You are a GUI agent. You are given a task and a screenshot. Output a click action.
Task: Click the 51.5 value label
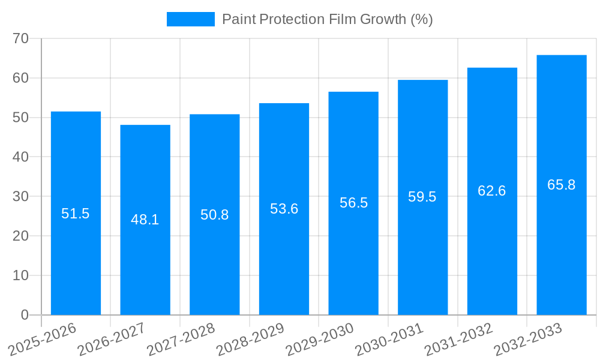click(x=76, y=214)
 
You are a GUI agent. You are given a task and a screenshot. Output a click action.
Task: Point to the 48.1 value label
click(x=145, y=220)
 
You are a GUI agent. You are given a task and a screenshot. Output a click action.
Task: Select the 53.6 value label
click(x=284, y=209)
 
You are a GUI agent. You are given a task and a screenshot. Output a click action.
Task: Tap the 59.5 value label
click(x=422, y=197)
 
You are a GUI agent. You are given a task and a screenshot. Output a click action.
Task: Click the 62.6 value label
click(x=492, y=191)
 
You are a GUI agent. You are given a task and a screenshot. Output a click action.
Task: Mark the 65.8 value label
click(x=562, y=185)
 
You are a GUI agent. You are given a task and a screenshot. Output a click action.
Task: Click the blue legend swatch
click(x=190, y=19)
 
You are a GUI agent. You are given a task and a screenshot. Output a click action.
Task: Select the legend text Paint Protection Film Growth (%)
click(x=328, y=19)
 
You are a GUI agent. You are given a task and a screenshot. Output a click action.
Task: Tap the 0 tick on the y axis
click(x=25, y=315)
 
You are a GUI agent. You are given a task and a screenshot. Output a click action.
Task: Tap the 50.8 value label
click(x=215, y=215)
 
